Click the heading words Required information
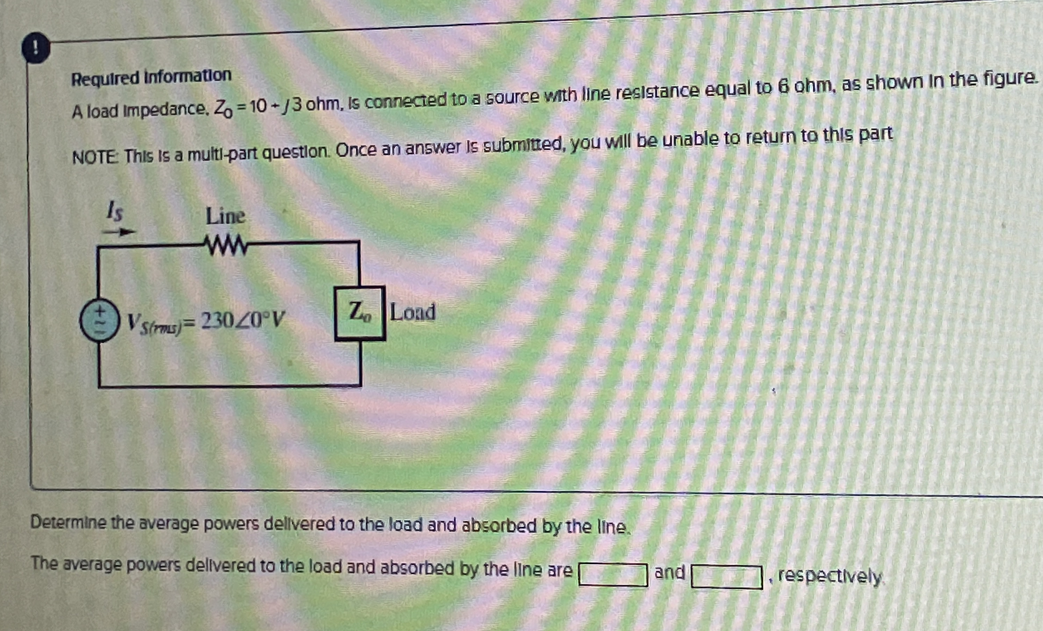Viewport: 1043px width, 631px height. pyautogui.click(x=151, y=77)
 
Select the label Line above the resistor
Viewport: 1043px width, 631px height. pyautogui.click(x=225, y=217)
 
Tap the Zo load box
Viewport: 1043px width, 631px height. pyautogui.click(x=360, y=313)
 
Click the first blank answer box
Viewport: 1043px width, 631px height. pyautogui.click(x=613, y=575)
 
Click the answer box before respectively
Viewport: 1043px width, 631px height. pyautogui.click(x=726, y=577)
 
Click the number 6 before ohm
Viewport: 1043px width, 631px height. pyautogui.click(x=784, y=87)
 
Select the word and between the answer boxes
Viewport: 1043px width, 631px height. pyautogui.click(x=670, y=573)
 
